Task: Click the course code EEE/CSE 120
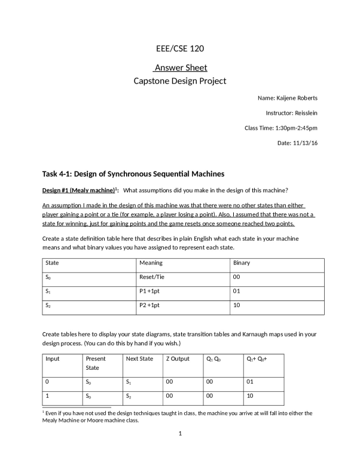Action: (x=180, y=48)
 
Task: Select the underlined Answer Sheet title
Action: (x=180, y=68)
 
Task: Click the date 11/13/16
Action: (x=306, y=143)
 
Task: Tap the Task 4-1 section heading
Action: (x=133, y=174)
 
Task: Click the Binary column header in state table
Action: (x=242, y=263)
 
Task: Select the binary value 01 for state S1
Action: (x=237, y=292)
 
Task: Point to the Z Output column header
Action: (x=177, y=359)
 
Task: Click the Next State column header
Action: (x=140, y=359)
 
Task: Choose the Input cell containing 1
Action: (x=47, y=396)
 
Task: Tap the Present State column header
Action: (x=96, y=364)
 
